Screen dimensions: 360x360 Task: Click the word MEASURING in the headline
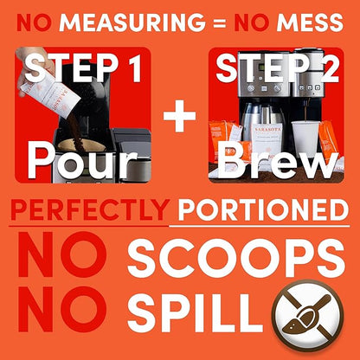[x=132, y=22]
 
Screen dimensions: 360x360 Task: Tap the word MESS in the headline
[x=310, y=22]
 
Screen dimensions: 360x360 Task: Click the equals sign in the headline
[x=220, y=23]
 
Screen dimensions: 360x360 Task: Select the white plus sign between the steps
[x=179, y=116]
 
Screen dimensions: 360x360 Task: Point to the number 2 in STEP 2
[x=327, y=67]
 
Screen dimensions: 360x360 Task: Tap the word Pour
[x=83, y=161]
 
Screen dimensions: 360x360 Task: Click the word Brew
[x=278, y=161]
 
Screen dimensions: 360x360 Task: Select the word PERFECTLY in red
[x=90, y=209]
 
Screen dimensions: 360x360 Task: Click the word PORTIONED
[x=263, y=209]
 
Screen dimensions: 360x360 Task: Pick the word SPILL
[x=195, y=313]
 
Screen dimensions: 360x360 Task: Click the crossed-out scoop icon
[x=307, y=316]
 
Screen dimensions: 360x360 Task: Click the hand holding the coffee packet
[x=32, y=67]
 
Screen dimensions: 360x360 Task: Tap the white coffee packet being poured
[x=52, y=93]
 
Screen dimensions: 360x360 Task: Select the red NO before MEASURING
[x=34, y=22]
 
